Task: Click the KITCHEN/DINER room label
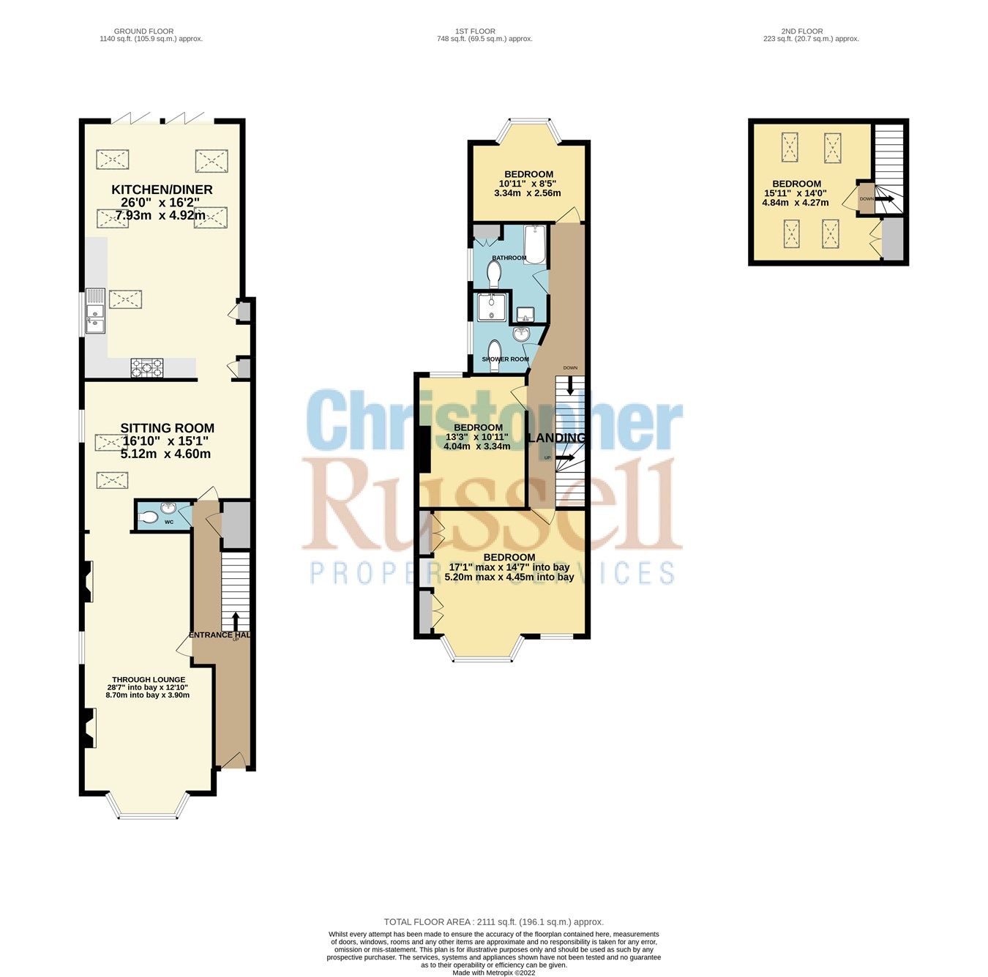[x=155, y=189]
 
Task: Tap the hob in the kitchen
[x=146, y=367]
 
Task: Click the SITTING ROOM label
[x=167, y=428]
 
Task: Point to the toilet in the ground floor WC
[x=148, y=518]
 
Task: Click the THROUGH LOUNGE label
[x=148, y=680]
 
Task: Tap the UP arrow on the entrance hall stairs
[x=236, y=621]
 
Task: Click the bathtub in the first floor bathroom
[x=536, y=244]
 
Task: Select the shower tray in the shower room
[x=490, y=307]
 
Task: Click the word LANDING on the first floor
[x=558, y=438]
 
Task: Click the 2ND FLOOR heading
[x=802, y=31]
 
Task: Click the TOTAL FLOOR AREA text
[x=494, y=922]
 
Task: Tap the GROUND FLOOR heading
[x=144, y=31]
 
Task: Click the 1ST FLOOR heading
[x=476, y=31]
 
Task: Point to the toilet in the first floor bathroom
[x=493, y=274]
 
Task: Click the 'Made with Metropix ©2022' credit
[x=494, y=973]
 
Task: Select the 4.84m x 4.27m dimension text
[x=796, y=203]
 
